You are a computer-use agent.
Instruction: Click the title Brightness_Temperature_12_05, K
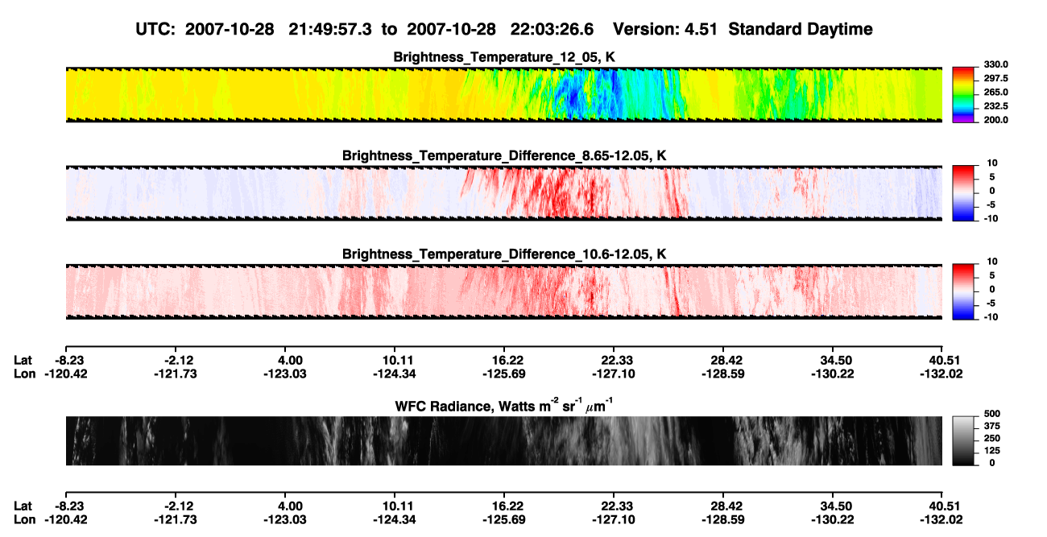click(504, 57)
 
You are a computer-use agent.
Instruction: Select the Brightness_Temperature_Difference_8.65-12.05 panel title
click(504, 155)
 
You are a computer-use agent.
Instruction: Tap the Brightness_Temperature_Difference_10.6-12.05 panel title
click(504, 254)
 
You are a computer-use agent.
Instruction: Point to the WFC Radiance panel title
click(504, 406)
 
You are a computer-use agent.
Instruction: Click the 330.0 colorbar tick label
click(995, 64)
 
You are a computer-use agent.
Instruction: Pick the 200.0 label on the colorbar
click(995, 120)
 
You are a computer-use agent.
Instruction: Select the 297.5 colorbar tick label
click(995, 78)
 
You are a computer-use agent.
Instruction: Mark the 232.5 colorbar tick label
click(995, 106)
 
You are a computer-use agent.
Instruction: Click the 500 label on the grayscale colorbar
click(992, 414)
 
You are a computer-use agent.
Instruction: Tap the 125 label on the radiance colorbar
click(992, 451)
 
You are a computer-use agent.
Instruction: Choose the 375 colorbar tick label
click(992, 426)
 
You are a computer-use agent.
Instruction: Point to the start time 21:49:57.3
click(330, 29)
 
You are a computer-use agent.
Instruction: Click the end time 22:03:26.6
click(552, 29)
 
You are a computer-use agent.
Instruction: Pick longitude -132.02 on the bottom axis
click(941, 520)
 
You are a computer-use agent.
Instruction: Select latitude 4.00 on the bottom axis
click(290, 506)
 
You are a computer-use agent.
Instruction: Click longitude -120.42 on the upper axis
click(66, 374)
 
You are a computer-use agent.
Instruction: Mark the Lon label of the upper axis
click(24, 374)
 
